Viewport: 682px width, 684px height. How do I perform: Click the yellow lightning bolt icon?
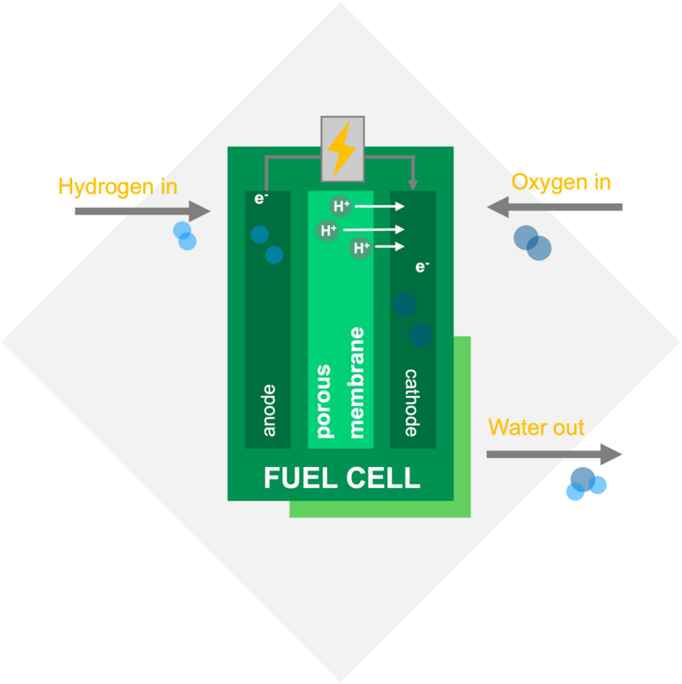(342, 149)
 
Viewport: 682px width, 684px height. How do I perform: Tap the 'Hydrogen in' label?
(118, 187)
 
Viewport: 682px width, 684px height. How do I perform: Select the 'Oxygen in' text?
(561, 182)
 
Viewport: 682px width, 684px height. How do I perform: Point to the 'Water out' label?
(536, 427)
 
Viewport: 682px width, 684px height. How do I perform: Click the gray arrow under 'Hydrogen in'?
(142, 212)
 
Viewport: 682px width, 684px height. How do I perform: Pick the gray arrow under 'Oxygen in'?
(554, 207)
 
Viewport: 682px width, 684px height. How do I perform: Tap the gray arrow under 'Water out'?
(554, 454)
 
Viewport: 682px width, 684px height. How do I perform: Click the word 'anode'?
(269, 410)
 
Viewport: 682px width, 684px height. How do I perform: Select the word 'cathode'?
(411, 402)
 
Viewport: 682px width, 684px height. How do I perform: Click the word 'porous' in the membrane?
(325, 401)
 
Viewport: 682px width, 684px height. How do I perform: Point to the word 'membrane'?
(356, 382)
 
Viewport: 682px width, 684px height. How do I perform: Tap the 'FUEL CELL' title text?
(342, 478)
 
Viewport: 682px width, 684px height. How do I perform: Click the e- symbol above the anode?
(261, 199)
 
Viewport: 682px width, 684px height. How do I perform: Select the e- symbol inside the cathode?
(422, 266)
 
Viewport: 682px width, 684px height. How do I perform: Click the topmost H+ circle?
(341, 206)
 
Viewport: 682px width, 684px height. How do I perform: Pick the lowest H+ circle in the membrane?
(361, 248)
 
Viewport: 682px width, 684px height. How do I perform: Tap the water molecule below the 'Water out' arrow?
(586, 483)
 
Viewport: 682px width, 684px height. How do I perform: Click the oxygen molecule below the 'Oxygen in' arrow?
(532, 243)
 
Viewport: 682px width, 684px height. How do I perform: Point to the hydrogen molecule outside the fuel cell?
(184, 235)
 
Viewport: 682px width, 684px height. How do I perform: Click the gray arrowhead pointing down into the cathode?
(412, 185)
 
